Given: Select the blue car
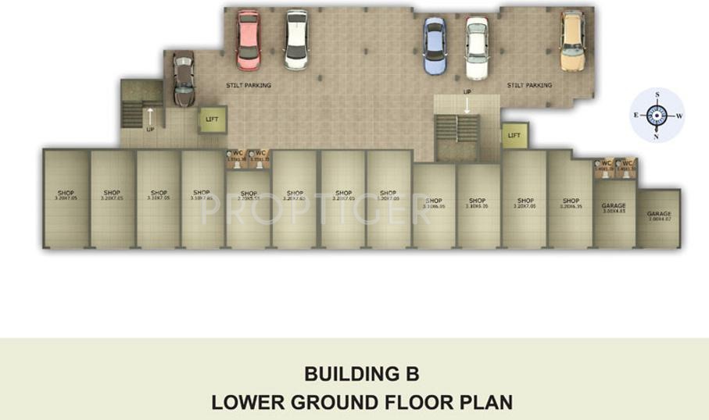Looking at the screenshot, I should tap(435, 46).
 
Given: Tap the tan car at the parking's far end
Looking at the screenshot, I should tap(572, 41).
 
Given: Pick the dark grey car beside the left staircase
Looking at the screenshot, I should tap(184, 79).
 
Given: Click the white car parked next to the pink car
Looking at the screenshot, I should tap(296, 39).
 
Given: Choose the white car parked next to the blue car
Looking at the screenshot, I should tap(476, 48).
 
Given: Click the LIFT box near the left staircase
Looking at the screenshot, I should tap(211, 119).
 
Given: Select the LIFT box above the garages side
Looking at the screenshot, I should tap(514, 136).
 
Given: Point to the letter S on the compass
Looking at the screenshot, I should tap(657, 94).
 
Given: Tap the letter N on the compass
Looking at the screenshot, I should tap(657, 137).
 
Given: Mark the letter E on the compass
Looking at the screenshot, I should tap(636, 116).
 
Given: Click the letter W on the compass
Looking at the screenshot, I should tap(679, 116).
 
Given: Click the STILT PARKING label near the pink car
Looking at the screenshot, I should tap(248, 85).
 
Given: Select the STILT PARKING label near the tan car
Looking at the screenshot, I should tap(529, 85).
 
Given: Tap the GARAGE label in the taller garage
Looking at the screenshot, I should tap(614, 206).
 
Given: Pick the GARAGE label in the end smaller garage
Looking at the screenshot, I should tap(658, 213).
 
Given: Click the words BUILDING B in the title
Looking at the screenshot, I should tap(362, 374).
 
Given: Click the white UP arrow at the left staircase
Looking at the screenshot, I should tap(150, 117).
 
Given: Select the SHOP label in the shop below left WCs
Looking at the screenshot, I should tap(249, 194).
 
